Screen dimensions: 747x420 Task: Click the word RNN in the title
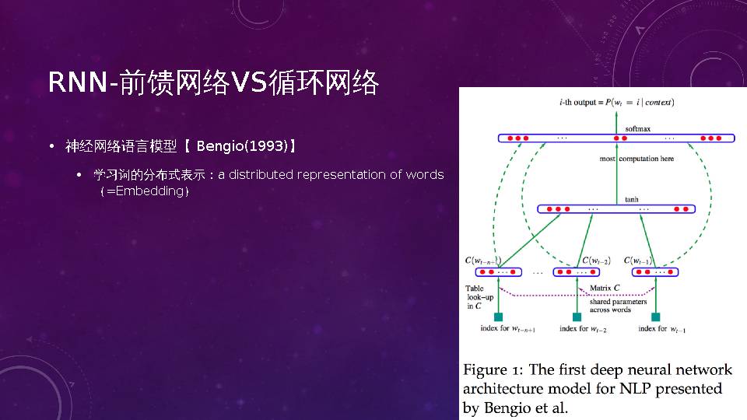(x=78, y=82)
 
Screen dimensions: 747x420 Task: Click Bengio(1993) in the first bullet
(x=242, y=145)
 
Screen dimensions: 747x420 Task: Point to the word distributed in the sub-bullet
(x=261, y=175)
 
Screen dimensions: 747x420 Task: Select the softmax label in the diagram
(x=637, y=128)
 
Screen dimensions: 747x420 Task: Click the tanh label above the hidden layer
(x=632, y=200)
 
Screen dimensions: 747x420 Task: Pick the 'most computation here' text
(x=637, y=159)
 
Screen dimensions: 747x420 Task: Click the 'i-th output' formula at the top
(x=616, y=103)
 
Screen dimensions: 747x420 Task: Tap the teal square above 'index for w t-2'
(x=577, y=317)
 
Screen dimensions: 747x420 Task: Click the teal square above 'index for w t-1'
(x=655, y=317)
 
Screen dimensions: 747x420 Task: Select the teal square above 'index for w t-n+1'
(x=498, y=317)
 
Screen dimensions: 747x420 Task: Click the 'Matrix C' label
(x=605, y=288)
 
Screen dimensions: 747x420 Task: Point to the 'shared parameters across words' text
(x=618, y=305)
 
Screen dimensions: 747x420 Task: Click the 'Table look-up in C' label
(x=479, y=297)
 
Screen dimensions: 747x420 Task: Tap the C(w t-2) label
(x=596, y=261)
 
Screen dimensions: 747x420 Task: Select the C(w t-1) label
(x=637, y=261)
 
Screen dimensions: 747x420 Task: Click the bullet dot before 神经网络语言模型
(x=52, y=146)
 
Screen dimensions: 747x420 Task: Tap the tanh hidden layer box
(x=616, y=209)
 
